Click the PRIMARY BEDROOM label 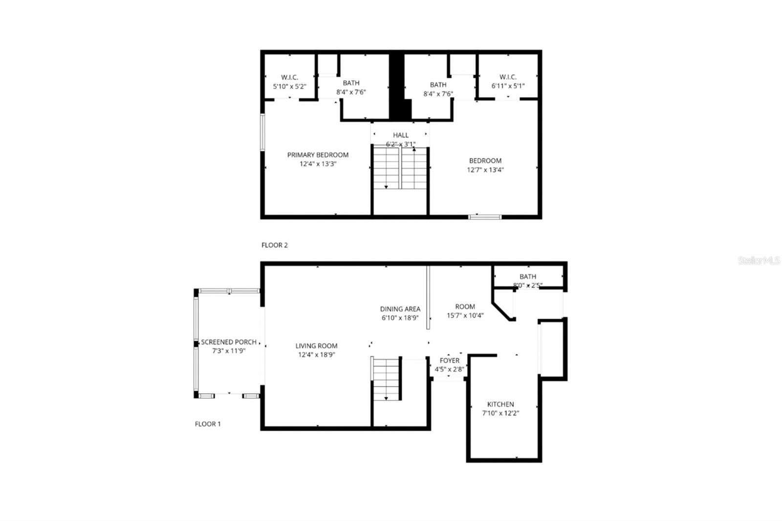[318, 155]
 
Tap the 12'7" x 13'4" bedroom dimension [485, 170]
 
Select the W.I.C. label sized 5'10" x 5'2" [289, 77]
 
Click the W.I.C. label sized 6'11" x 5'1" [508, 77]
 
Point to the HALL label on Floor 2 [400, 135]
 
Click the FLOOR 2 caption [274, 245]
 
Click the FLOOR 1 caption [208, 424]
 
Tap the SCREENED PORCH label [229, 342]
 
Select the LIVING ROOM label [316, 346]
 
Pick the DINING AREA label [400, 309]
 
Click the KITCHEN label [500, 405]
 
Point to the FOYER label [449, 361]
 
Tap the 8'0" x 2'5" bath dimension [527, 285]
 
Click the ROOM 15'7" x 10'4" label [464, 307]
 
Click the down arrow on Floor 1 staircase [386, 398]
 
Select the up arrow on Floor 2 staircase [414, 150]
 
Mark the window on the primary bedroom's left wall [262, 132]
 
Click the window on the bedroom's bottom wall [484, 217]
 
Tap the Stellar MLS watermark [759, 261]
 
